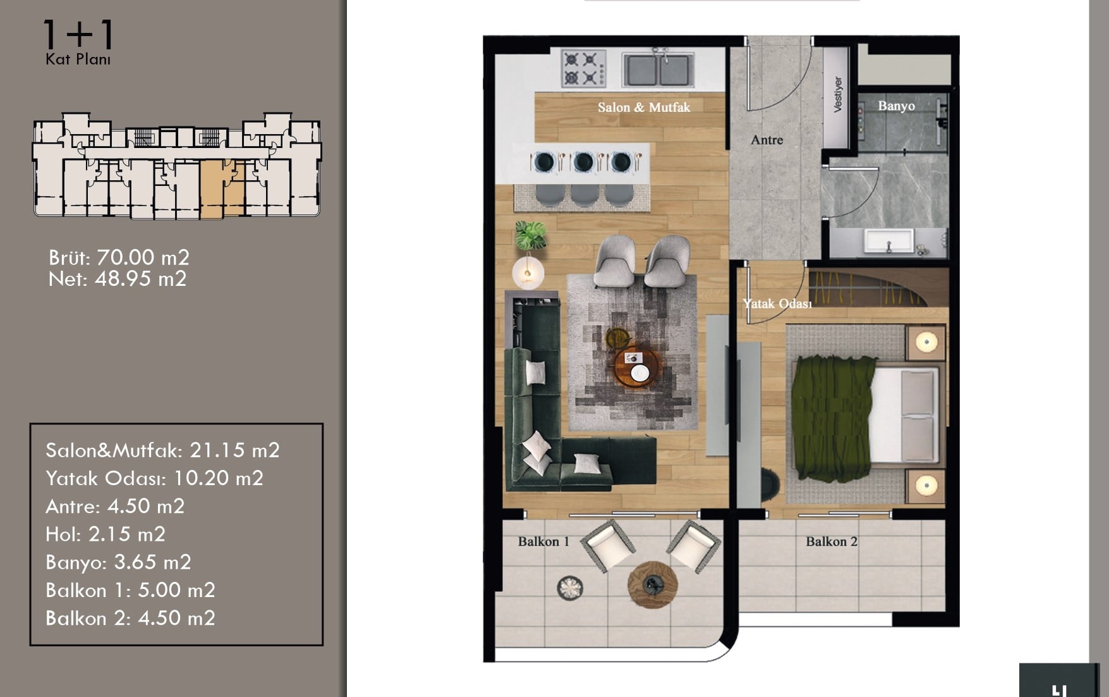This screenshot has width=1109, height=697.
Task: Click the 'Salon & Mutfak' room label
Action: [644, 108]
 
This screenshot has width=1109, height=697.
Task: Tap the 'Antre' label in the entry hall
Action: [767, 140]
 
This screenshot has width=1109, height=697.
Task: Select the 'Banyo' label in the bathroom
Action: [896, 106]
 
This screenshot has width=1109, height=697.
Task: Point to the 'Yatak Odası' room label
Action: [777, 304]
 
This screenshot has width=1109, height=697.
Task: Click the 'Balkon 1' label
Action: [543, 541]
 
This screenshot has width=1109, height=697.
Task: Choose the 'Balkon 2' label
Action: [832, 541]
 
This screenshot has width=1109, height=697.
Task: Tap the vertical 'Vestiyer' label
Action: [838, 95]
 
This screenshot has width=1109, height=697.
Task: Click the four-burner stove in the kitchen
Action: [583, 68]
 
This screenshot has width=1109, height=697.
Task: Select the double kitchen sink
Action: [658, 68]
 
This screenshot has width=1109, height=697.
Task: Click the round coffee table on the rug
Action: [637, 367]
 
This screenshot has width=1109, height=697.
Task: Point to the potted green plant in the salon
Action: [530, 235]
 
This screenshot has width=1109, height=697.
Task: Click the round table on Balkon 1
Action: [652, 584]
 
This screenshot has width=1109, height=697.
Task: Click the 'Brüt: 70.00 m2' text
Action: [119, 257]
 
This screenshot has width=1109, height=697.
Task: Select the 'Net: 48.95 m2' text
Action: [118, 279]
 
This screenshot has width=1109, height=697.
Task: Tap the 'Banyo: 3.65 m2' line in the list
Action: [118, 562]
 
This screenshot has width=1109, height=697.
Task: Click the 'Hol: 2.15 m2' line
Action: [106, 534]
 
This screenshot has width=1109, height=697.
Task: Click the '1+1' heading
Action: [78, 35]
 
